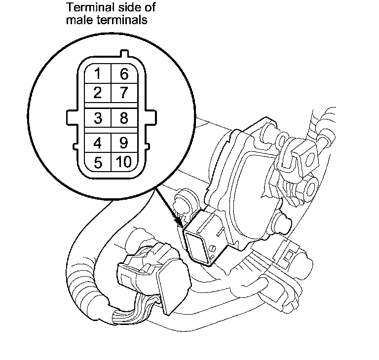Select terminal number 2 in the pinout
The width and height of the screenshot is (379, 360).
click(x=98, y=92)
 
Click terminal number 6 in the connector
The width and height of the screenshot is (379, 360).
click(x=124, y=74)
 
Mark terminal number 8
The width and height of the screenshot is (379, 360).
click(x=124, y=118)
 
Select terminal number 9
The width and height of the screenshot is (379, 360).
click(x=124, y=144)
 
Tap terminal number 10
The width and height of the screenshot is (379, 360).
click(x=124, y=162)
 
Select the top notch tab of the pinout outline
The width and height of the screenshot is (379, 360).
click(x=123, y=54)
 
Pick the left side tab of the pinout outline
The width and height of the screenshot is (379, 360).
click(x=71, y=118)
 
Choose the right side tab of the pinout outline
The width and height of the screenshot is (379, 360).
click(x=152, y=118)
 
